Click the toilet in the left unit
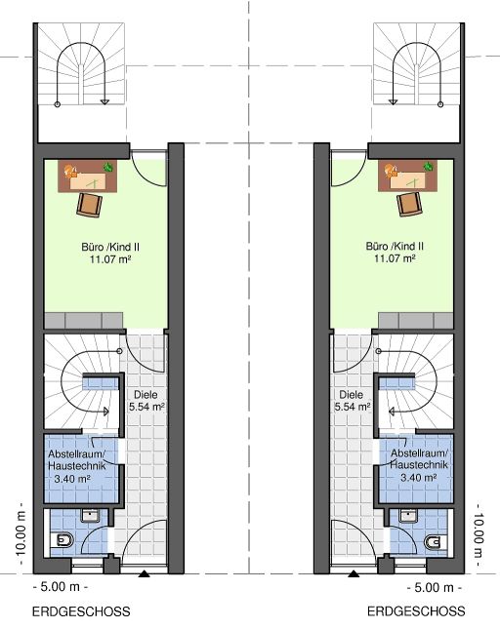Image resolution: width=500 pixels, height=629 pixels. (62, 540)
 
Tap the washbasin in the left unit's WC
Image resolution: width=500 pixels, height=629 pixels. (90, 516)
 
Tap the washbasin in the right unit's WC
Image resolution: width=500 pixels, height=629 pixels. (408, 516)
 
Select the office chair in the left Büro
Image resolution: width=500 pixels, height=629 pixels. (89, 205)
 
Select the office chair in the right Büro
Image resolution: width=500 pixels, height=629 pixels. (409, 204)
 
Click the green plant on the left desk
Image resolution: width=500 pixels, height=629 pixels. (108, 167)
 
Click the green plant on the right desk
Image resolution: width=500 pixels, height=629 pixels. (429, 166)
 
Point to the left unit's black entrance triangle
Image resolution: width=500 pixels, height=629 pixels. (144, 574)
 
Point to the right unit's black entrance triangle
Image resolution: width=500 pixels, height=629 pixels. (354, 574)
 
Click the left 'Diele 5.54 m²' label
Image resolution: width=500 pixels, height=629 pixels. (146, 401)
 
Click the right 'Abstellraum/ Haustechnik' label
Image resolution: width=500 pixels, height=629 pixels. (419, 459)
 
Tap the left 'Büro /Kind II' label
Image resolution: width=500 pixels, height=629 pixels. (110, 247)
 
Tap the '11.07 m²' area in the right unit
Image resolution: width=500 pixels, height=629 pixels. (395, 258)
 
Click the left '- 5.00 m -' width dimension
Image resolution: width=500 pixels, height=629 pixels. (60, 587)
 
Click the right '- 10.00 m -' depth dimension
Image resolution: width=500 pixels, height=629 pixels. (479, 535)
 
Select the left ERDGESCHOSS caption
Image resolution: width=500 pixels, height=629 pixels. (81, 611)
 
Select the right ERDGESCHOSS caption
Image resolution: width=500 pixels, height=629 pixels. (416, 611)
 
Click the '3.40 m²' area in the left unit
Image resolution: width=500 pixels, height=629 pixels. (72, 478)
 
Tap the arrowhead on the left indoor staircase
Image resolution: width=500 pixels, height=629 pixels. (106, 412)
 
